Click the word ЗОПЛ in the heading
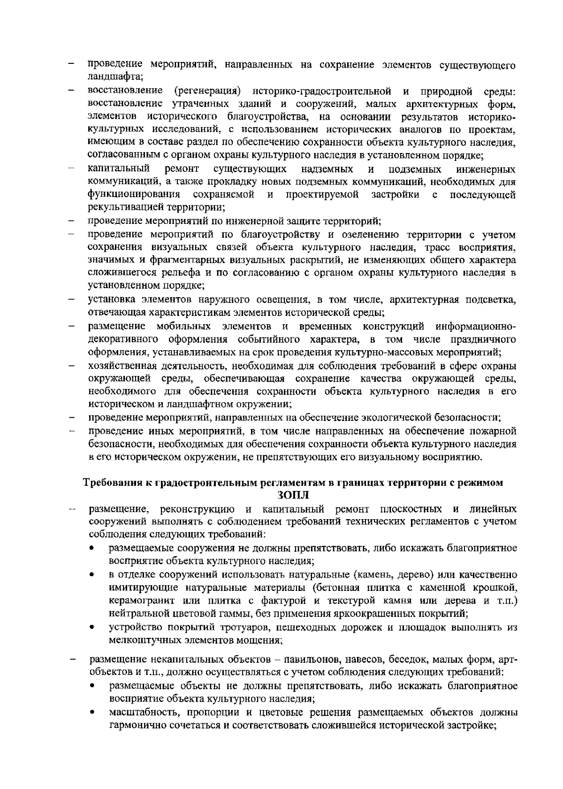294,495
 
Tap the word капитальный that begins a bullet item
118,169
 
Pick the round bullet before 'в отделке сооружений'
94,575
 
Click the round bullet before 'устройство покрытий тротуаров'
94,628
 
